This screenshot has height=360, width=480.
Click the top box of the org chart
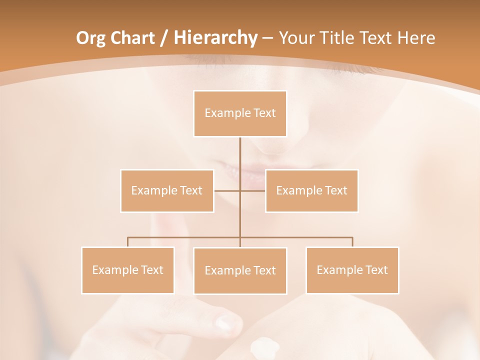pyautogui.click(x=240, y=113)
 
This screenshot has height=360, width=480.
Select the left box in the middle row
pyautogui.click(x=167, y=190)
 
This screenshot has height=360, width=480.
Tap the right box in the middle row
pyautogui.click(x=311, y=190)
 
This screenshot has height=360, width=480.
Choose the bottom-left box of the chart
pyautogui.click(x=127, y=270)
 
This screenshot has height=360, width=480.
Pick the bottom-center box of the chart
pyautogui.click(x=240, y=270)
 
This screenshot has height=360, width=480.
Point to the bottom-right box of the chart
pyautogui.click(x=352, y=270)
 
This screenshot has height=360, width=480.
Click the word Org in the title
pyautogui.click(x=90, y=38)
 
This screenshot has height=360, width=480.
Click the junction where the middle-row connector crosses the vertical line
pyautogui.click(x=240, y=190)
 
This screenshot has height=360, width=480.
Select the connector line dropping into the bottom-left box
pyautogui.click(x=127, y=242)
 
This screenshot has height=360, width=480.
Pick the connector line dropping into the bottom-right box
pyautogui.click(x=352, y=242)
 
